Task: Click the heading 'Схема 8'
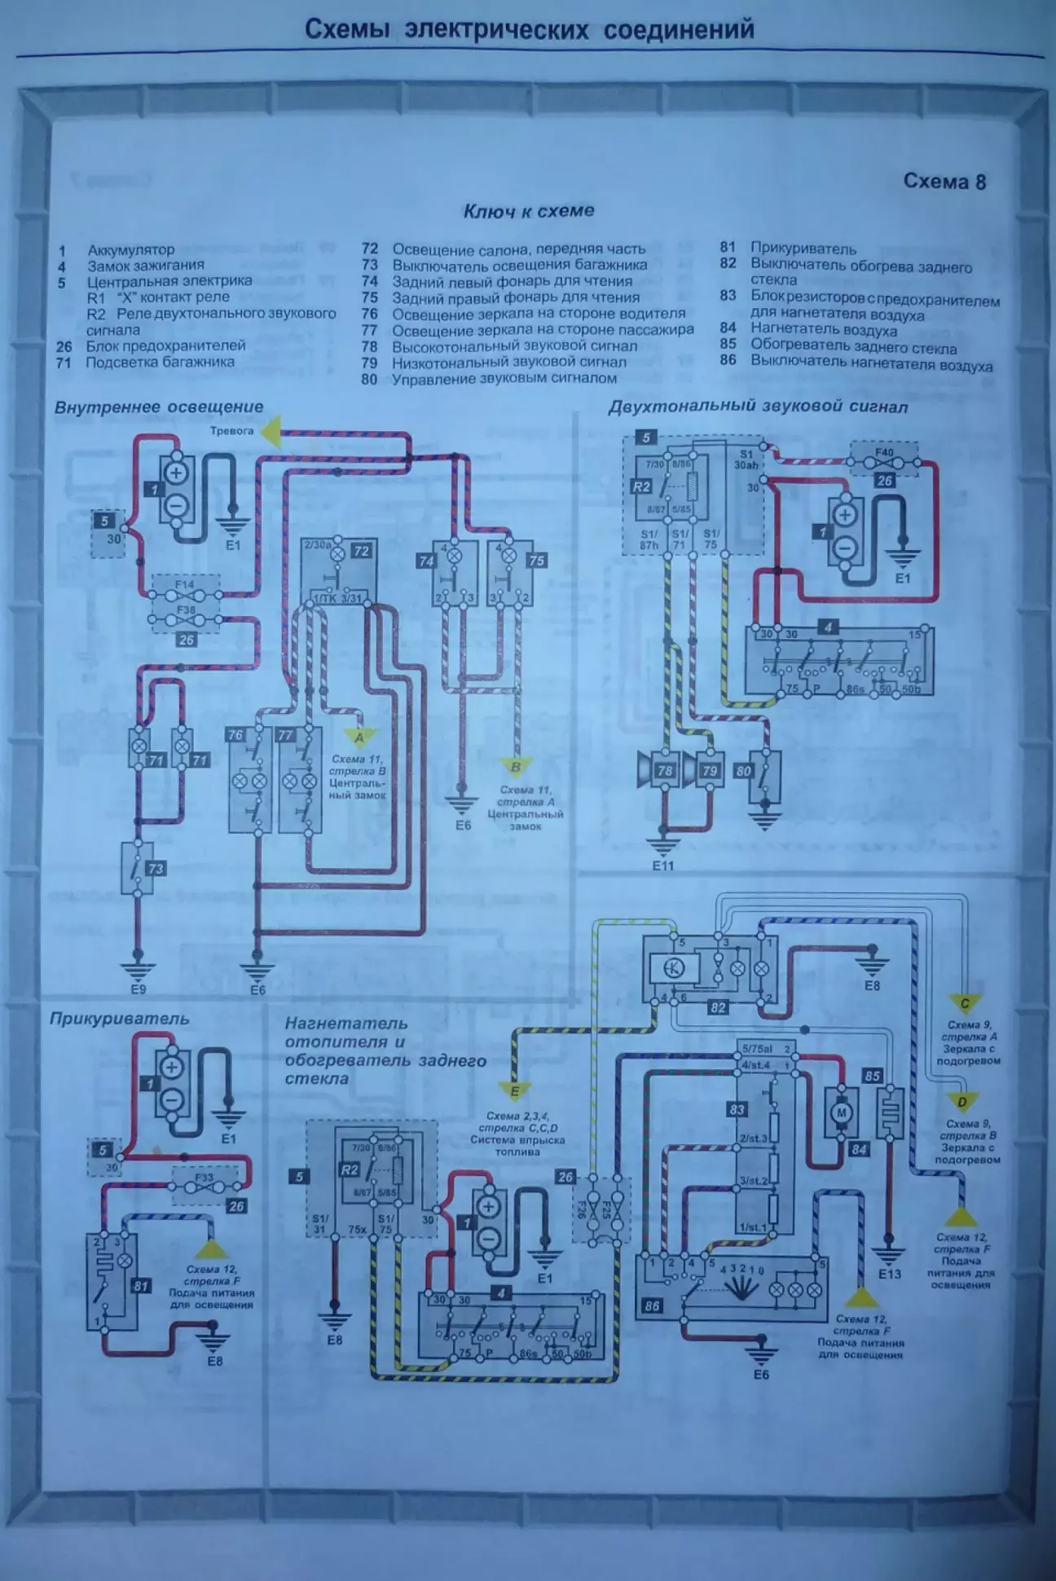pos(944,181)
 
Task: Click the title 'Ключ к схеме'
pos(529,211)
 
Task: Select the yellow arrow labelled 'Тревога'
pos(271,431)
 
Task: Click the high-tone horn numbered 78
pos(658,770)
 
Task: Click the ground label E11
pos(663,865)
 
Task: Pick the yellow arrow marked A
pos(359,737)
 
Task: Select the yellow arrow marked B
pos(515,767)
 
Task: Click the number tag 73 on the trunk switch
pos(155,869)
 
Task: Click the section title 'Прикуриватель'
pos(119,1019)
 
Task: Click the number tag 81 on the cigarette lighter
pos(142,1285)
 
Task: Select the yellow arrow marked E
pos(514,1090)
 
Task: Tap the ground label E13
pos(890,1273)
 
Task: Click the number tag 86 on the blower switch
pos(652,1306)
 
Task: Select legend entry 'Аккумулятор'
pos(131,249)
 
